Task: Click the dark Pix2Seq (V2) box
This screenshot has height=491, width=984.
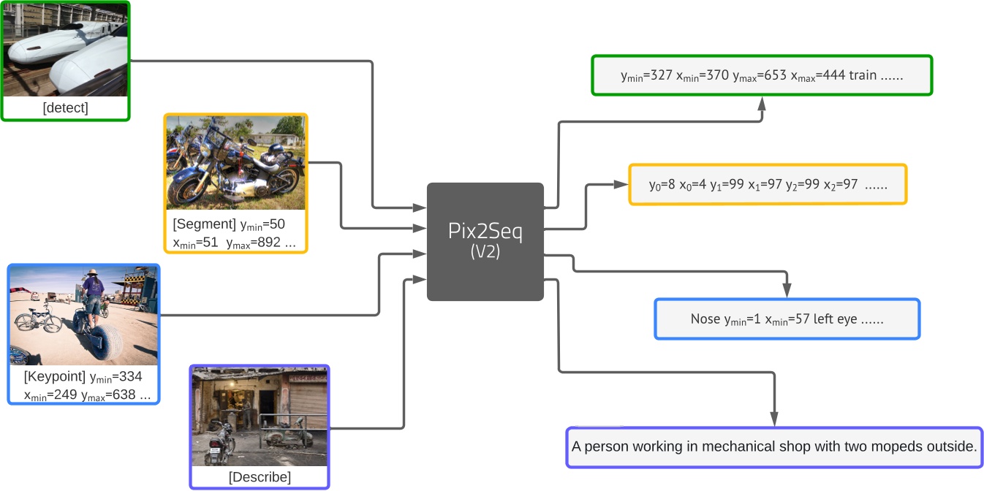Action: pyautogui.click(x=485, y=241)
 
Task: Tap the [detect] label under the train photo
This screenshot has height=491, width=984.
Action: pyautogui.click(x=65, y=108)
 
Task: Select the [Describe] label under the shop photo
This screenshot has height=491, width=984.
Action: pyautogui.click(x=260, y=477)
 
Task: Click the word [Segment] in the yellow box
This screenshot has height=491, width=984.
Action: pyautogui.click(x=204, y=224)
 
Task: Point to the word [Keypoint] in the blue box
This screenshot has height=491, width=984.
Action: pyautogui.click(x=54, y=377)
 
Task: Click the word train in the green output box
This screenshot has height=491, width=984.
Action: pyautogui.click(x=862, y=75)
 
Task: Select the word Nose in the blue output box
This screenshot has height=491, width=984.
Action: pyautogui.click(x=705, y=319)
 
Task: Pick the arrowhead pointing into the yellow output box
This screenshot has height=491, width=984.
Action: pyautogui.click(x=622, y=185)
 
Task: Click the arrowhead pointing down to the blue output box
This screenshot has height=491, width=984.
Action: pyautogui.click(x=787, y=291)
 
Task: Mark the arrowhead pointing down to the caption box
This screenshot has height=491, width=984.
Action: pyautogui.click(x=773, y=419)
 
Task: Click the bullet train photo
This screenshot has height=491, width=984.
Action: pyautogui.click(x=65, y=49)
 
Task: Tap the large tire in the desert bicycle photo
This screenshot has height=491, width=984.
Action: pyautogui.click(x=105, y=343)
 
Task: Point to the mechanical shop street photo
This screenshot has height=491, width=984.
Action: pyautogui.click(x=259, y=416)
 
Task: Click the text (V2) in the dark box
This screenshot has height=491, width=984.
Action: pyautogui.click(x=485, y=254)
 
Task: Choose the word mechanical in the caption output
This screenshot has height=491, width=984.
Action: pyautogui.click(x=738, y=446)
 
